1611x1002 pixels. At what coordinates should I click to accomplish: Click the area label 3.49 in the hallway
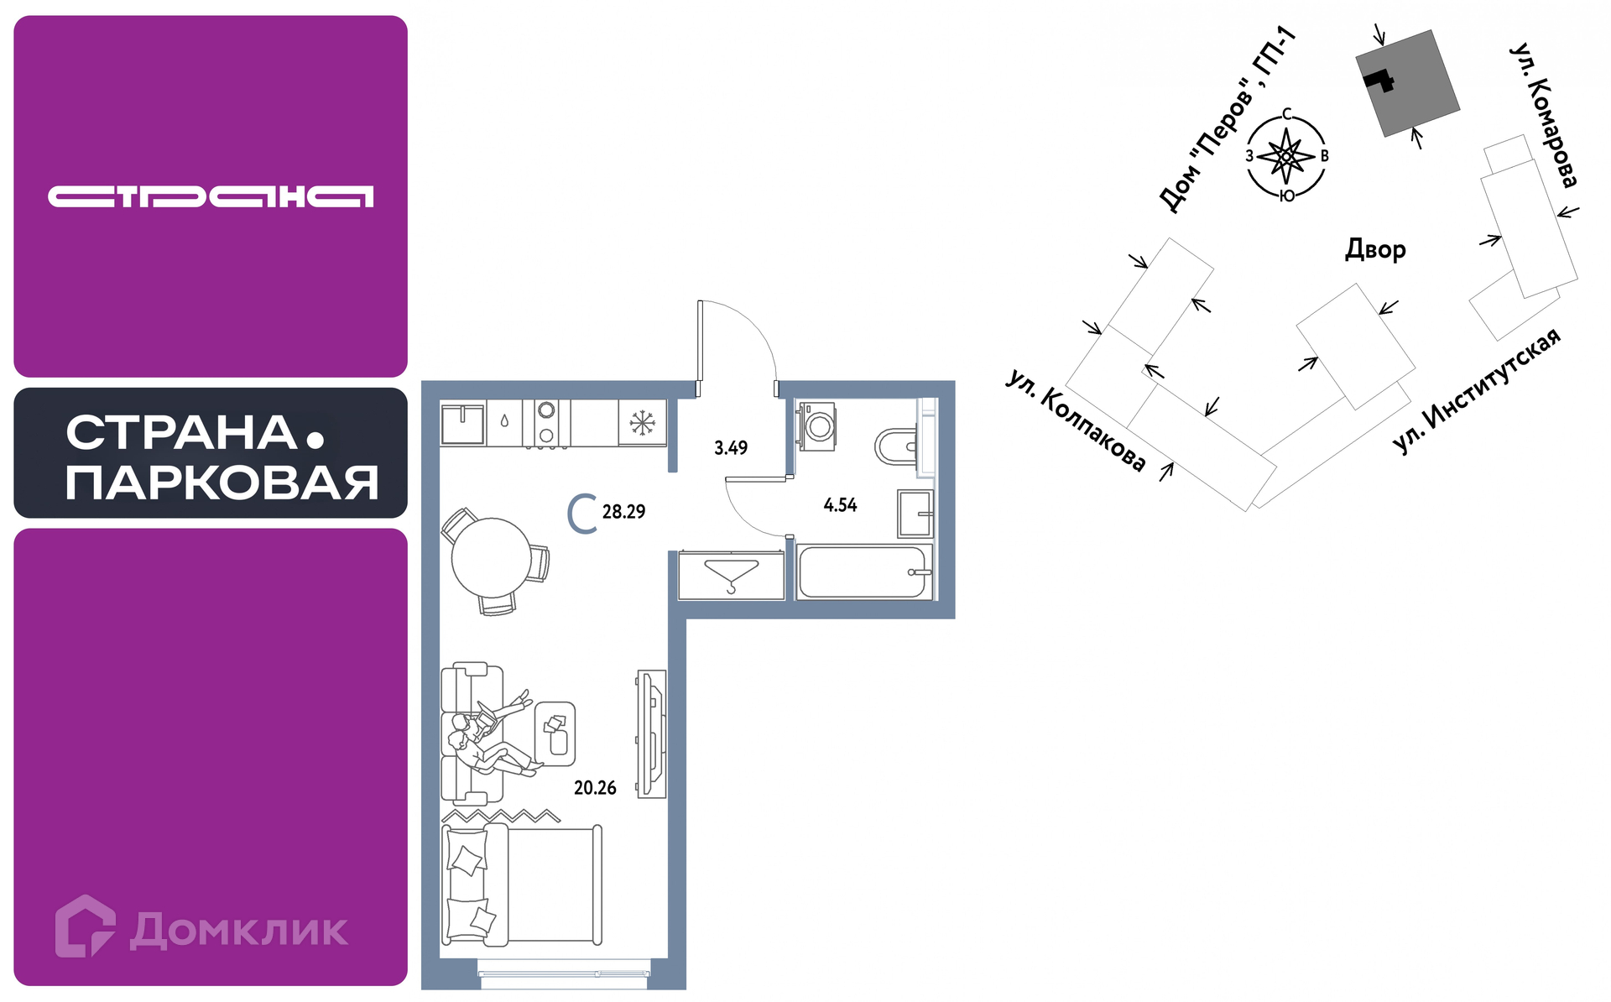(x=731, y=448)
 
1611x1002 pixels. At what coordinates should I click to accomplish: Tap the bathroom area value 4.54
(x=840, y=505)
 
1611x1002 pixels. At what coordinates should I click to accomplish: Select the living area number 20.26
(x=595, y=788)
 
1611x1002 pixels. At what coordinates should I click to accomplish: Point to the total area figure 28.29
(x=623, y=512)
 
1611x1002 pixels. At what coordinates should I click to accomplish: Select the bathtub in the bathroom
(x=865, y=572)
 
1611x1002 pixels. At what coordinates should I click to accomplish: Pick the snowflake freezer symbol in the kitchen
(x=643, y=423)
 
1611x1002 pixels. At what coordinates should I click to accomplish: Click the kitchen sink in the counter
(x=463, y=424)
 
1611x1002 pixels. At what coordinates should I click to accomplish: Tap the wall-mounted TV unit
(x=651, y=733)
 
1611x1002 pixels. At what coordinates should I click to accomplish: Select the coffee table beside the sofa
(x=555, y=734)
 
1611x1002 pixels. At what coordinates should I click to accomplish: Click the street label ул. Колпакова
(x=1076, y=420)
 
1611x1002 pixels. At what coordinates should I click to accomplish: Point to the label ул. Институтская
(x=1477, y=391)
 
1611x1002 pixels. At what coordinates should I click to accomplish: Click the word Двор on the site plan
(x=1375, y=249)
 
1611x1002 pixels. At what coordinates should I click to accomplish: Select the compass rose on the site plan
(x=1286, y=156)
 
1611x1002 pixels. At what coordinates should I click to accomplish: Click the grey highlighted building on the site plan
(x=1408, y=83)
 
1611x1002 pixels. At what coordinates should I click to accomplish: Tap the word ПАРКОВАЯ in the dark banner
(x=222, y=483)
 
